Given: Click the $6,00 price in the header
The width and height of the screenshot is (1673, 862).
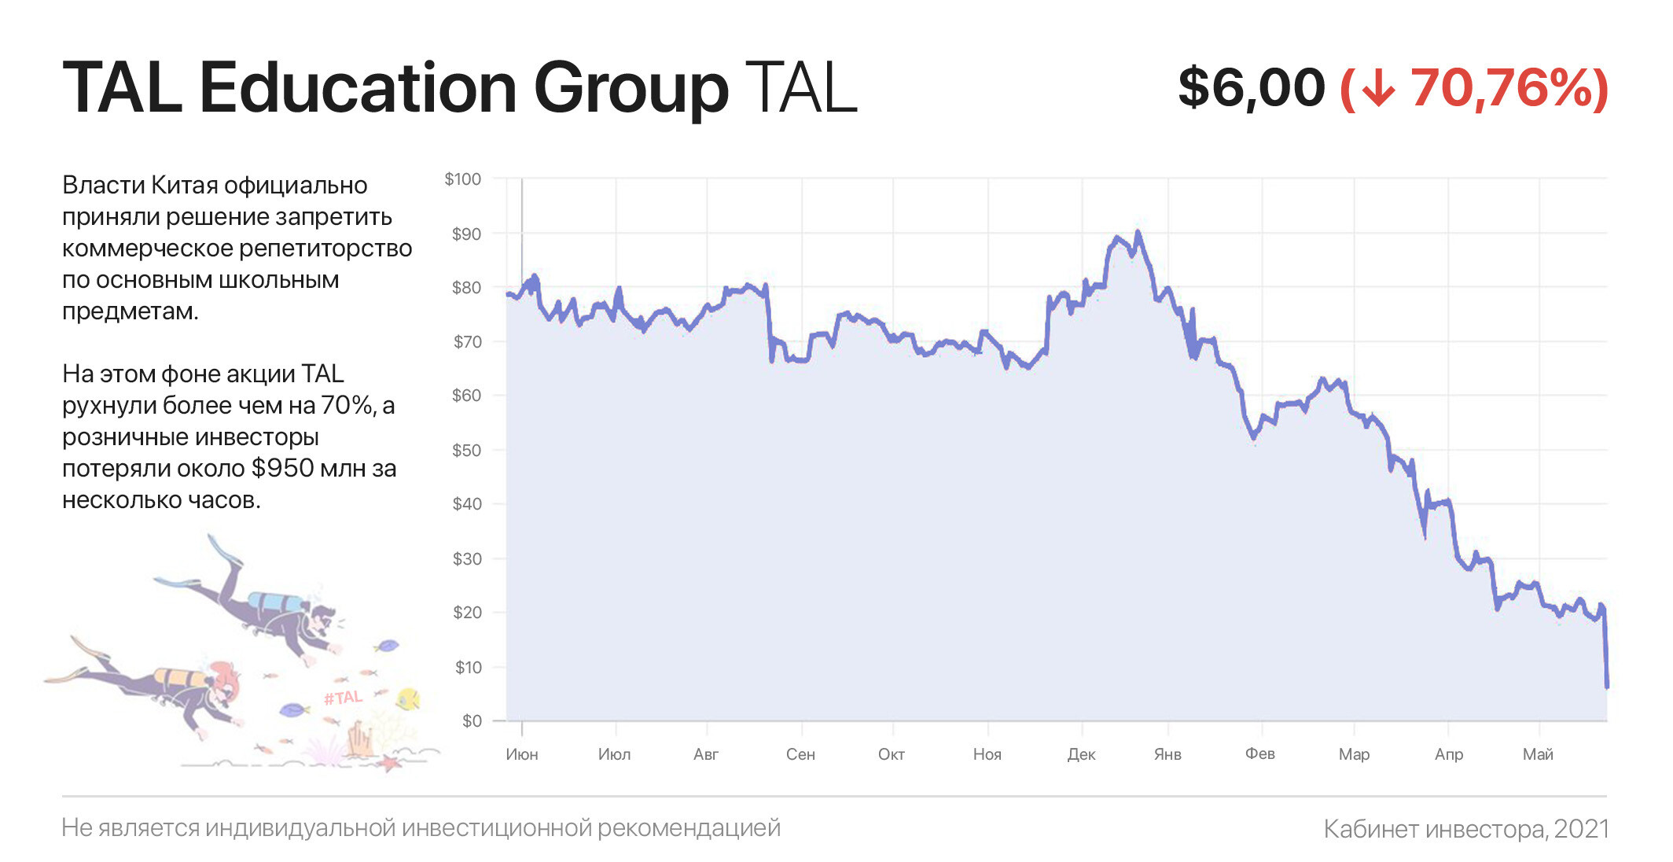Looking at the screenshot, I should (1251, 87).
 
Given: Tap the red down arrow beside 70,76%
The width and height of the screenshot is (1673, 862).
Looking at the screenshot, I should (1377, 87).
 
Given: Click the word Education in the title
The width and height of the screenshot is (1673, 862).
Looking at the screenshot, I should (358, 87).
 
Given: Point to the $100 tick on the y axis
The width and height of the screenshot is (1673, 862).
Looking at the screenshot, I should (463, 179).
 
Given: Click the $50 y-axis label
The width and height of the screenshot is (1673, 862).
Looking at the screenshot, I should (466, 451).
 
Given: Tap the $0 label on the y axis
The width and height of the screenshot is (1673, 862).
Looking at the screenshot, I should (472, 721).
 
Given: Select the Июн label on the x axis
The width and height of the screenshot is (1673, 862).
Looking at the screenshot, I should (522, 754).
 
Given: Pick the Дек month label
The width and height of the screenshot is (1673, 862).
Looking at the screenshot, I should (1081, 754).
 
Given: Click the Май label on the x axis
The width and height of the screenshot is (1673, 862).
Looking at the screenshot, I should (1538, 754).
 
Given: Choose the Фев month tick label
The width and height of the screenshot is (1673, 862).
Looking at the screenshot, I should (1259, 753).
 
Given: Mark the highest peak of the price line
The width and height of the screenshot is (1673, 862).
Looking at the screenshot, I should (1138, 233).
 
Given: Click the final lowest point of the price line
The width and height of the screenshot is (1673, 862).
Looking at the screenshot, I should (1607, 686).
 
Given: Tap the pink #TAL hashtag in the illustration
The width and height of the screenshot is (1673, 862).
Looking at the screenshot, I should (343, 698).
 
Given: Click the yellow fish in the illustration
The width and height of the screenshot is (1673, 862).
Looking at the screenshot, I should (408, 698).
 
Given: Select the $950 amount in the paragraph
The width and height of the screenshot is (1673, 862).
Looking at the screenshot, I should (282, 468).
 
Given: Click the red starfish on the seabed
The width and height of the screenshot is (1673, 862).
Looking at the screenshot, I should (389, 761).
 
